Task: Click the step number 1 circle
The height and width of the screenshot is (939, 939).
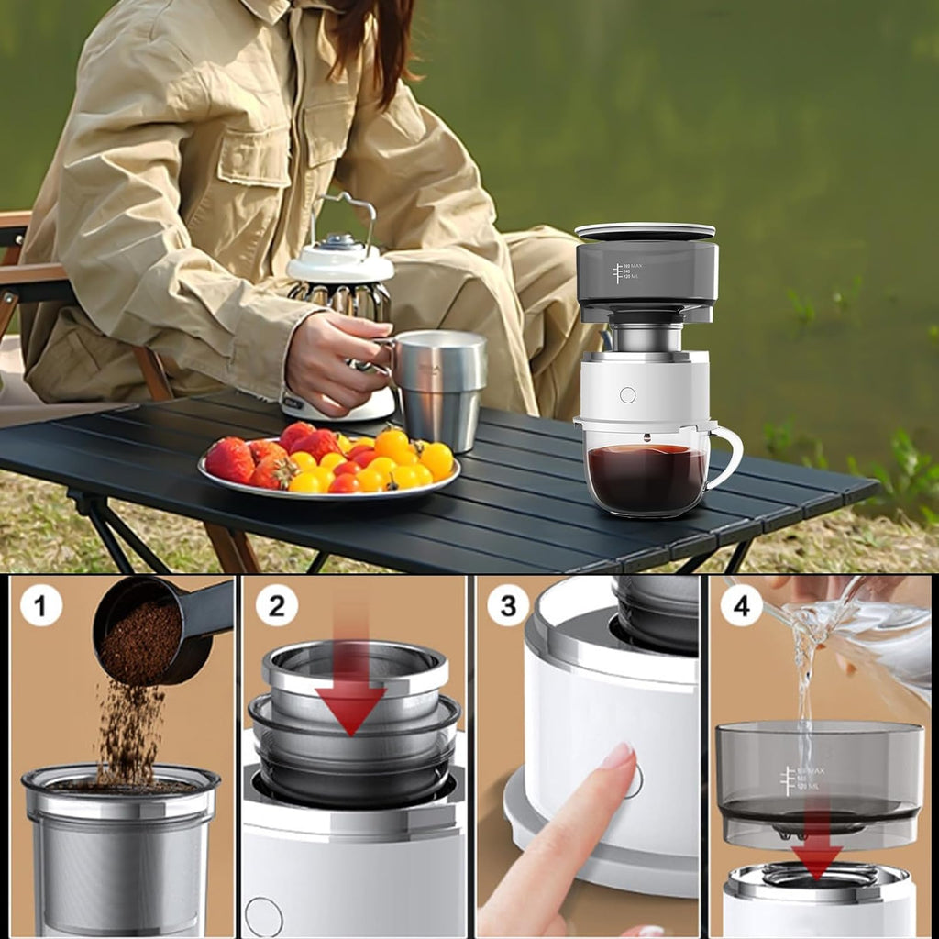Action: tap(41, 605)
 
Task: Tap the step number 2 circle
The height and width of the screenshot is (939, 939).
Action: tap(276, 605)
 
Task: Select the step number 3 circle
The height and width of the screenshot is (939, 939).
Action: tap(508, 605)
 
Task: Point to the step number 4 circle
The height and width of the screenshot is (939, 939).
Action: tap(741, 605)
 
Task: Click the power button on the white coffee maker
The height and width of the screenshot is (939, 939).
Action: tap(627, 395)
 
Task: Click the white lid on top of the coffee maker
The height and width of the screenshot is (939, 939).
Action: tap(645, 230)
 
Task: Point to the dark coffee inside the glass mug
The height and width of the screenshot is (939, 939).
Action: tap(646, 477)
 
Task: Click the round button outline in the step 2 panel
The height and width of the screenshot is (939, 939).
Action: tap(263, 916)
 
